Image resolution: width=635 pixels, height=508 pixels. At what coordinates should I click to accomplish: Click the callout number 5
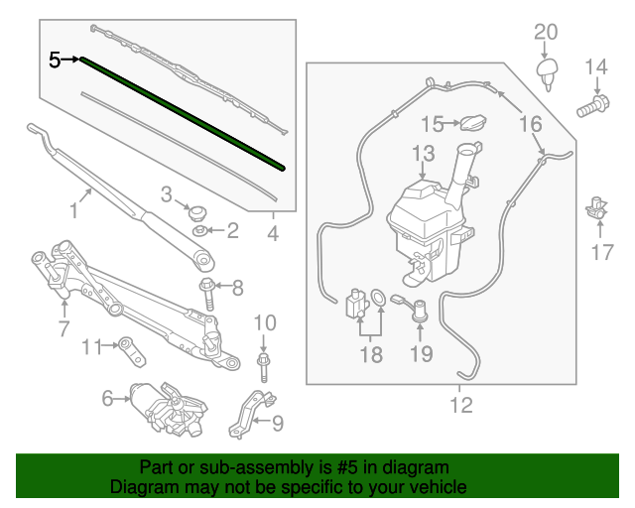click(55, 61)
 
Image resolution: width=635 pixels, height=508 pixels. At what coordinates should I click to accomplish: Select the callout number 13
click(424, 154)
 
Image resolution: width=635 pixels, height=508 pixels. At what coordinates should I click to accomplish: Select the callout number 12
click(461, 405)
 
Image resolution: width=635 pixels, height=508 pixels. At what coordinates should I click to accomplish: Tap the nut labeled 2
click(199, 232)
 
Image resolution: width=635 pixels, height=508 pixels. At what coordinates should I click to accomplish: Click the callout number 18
click(370, 355)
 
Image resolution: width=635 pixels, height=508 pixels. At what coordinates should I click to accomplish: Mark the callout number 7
click(63, 327)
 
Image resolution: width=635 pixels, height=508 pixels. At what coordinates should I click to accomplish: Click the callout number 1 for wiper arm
click(72, 210)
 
